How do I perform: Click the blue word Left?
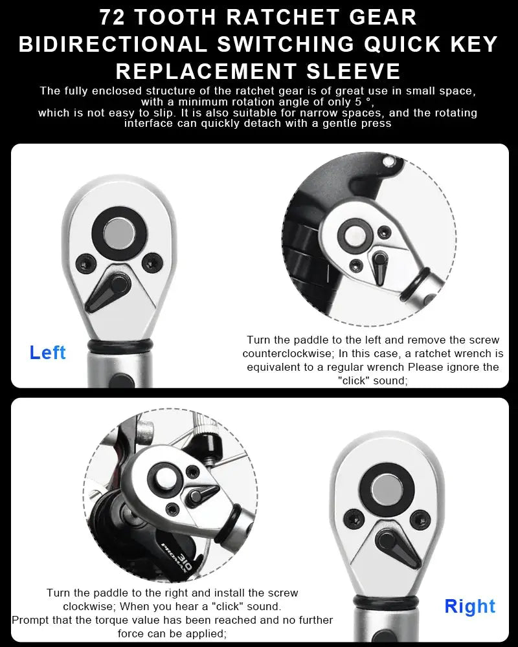(48, 353)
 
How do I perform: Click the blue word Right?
(470, 606)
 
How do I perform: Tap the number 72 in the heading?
(114, 17)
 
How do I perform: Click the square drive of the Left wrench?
(116, 232)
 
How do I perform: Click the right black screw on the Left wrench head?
(152, 261)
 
